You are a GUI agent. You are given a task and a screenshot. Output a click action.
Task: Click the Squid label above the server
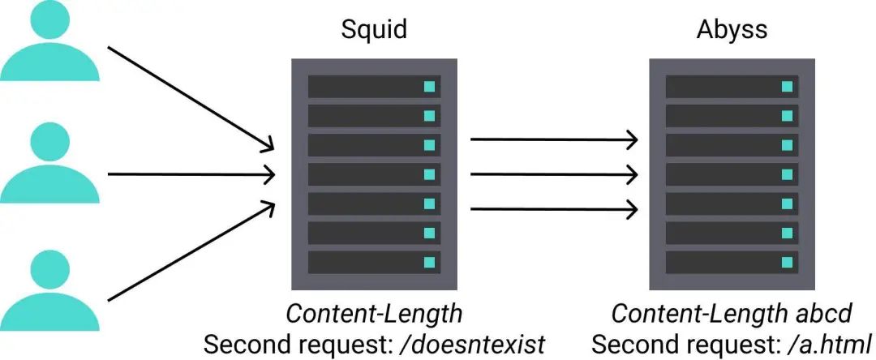pos(374,29)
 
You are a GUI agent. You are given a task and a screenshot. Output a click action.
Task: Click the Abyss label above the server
pos(732,29)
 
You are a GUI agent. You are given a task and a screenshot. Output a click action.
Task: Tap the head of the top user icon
pos(49,19)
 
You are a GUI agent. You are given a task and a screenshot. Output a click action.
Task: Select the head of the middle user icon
pos(49,142)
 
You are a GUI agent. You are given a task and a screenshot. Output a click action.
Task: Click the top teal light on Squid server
pos(429,87)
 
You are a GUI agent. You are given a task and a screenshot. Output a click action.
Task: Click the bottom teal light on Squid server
pos(429,263)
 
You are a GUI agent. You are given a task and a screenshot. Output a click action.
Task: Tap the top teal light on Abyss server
pos(787,87)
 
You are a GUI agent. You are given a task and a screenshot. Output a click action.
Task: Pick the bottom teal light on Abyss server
pos(787,263)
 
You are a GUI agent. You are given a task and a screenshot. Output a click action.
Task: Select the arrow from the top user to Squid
pos(191,99)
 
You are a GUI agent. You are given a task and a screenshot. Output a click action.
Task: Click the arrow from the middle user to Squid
pos(191,174)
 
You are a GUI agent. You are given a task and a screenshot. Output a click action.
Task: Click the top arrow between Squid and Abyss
pos(554,139)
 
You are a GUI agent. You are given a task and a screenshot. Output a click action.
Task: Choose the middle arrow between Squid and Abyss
pos(554,174)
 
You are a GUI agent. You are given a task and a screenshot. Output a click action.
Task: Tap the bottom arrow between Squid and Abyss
pos(554,209)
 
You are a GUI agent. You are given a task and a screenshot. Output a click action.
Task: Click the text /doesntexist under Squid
pos(473,345)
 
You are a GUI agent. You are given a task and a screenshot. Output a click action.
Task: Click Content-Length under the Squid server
pos(374,315)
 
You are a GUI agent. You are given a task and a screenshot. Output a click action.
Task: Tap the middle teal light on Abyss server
pos(787,174)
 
